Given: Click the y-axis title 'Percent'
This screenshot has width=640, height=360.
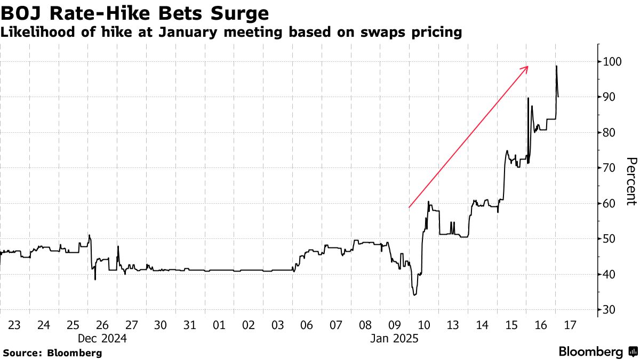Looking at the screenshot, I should click(631, 181).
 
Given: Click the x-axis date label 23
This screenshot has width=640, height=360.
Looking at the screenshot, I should click(15, 324).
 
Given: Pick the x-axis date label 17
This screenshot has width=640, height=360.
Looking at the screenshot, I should click(571, 324).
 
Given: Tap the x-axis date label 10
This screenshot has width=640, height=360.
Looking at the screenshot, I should click(425, 324).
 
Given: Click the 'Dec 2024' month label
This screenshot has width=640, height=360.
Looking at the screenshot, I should click(102, 338).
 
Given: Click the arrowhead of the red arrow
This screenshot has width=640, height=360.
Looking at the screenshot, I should click(527, 67).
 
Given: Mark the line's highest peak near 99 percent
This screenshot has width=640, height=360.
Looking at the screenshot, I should click(556, 66).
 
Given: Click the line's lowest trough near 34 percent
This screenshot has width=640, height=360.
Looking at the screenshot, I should click(414, 294).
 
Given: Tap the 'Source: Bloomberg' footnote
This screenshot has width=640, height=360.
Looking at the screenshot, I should click(52, 353).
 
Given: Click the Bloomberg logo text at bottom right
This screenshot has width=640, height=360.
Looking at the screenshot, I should click(590, 352).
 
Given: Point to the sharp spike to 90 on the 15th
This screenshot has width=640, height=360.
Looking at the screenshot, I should click(528, 98).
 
